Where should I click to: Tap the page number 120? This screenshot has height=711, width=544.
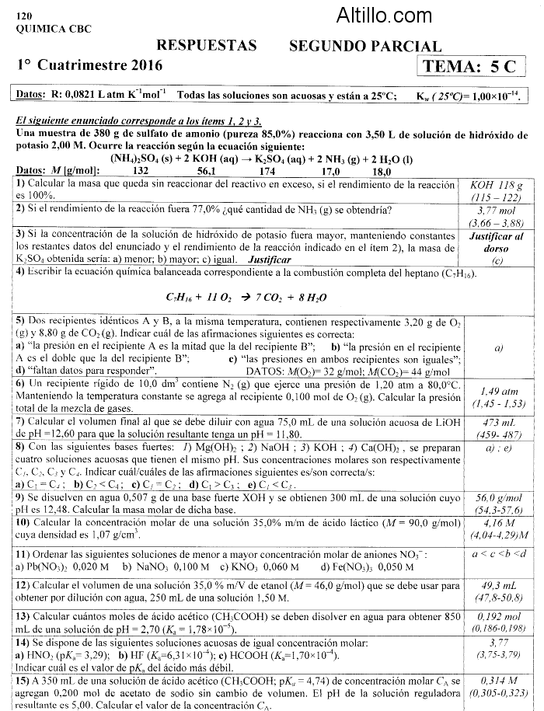click(x=24, y=16)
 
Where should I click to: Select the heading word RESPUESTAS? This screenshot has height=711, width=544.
click(x=206, y=46)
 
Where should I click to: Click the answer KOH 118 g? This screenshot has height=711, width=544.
click(x=497, y=186)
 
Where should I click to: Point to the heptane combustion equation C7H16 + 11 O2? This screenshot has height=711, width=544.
click(x=246, y=298)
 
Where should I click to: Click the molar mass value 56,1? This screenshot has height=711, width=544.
click(x=207, y=172)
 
